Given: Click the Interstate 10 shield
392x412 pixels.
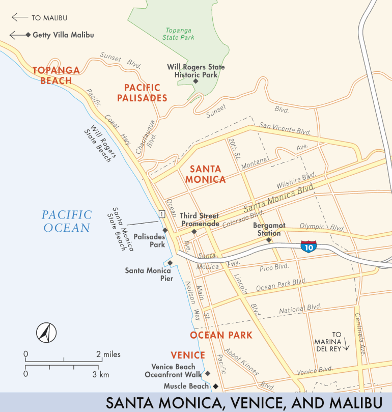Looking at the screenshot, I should point(308,246).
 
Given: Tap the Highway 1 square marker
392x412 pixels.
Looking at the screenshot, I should point(161,214).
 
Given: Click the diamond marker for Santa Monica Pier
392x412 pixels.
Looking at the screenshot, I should point(170,263).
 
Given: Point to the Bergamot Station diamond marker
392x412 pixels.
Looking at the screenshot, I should point(269,239).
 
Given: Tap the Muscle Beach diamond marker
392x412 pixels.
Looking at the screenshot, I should point(215,386).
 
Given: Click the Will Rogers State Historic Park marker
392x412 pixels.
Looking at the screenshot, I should point(195,80).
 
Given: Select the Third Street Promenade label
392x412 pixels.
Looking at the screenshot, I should point(199,219).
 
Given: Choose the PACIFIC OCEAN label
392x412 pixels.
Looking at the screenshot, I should point(67,221).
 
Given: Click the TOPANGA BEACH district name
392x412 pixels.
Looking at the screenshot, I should point(56,75).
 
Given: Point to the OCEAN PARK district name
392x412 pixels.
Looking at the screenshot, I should point(221,335).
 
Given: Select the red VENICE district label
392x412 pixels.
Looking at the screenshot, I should point(188,355).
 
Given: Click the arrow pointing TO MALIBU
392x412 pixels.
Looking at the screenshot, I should point(19,17).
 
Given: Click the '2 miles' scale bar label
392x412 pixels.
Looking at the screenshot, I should point(108,354).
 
